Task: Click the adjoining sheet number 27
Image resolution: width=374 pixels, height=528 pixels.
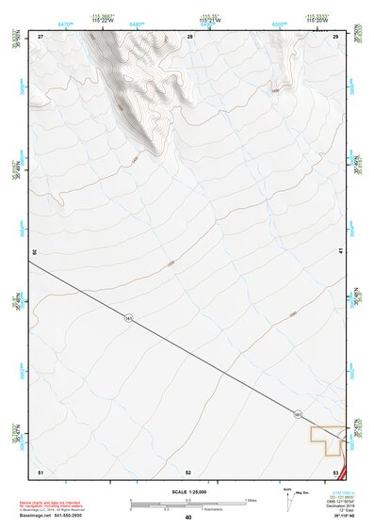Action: [x=41, y=36]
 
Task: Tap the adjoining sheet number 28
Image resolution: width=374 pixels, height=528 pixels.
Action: [x=190, y=36]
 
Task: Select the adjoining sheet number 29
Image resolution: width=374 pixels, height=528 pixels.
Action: [x=336, y=36]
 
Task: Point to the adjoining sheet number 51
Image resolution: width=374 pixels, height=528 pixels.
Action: [x=41, y=471]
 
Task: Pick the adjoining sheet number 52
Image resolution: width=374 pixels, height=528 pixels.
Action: [x=188, y=471]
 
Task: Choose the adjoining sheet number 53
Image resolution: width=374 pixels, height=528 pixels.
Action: [x=335, y=471]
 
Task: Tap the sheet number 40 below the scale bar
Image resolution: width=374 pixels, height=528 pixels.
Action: [x=188, y=517]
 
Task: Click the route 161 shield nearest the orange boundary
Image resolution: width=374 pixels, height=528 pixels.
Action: [x=298, y=414]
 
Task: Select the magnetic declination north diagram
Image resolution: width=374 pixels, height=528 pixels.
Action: [x=289, y=497]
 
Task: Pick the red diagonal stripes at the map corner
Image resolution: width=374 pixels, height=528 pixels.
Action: [x=344, y=470]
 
